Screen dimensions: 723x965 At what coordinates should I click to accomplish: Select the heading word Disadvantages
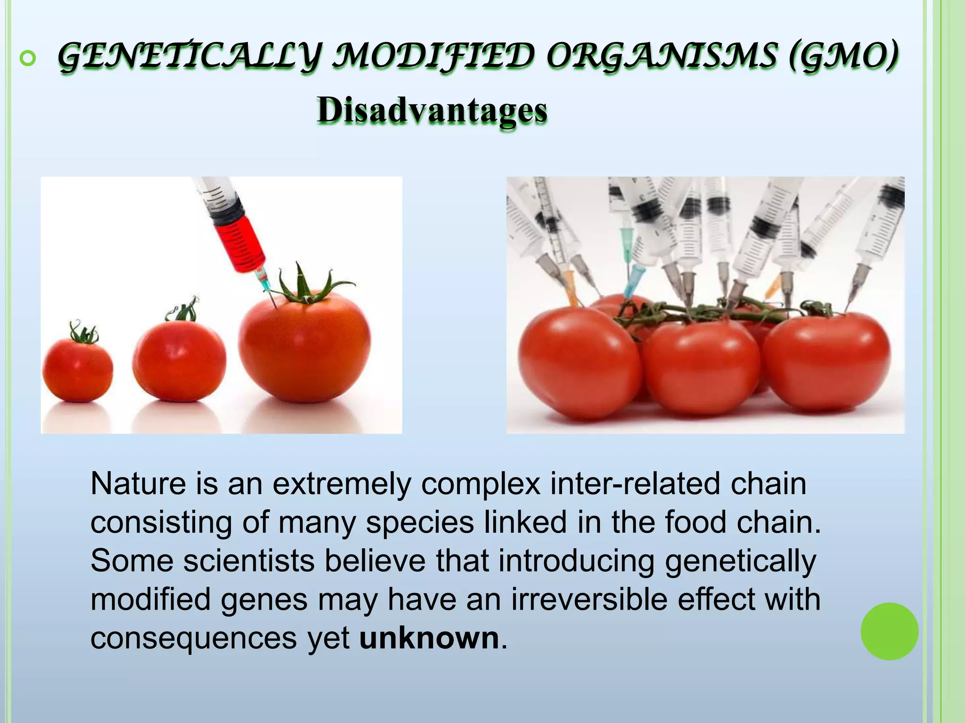432,111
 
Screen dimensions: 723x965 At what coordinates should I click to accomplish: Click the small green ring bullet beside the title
28,58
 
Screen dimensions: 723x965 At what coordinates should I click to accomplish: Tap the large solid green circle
889,631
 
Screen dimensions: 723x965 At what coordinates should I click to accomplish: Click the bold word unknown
429,638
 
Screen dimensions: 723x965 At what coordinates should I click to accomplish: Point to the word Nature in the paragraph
139,484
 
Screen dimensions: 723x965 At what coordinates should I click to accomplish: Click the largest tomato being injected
304,348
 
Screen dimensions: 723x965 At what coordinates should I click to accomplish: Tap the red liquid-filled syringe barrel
240,245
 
